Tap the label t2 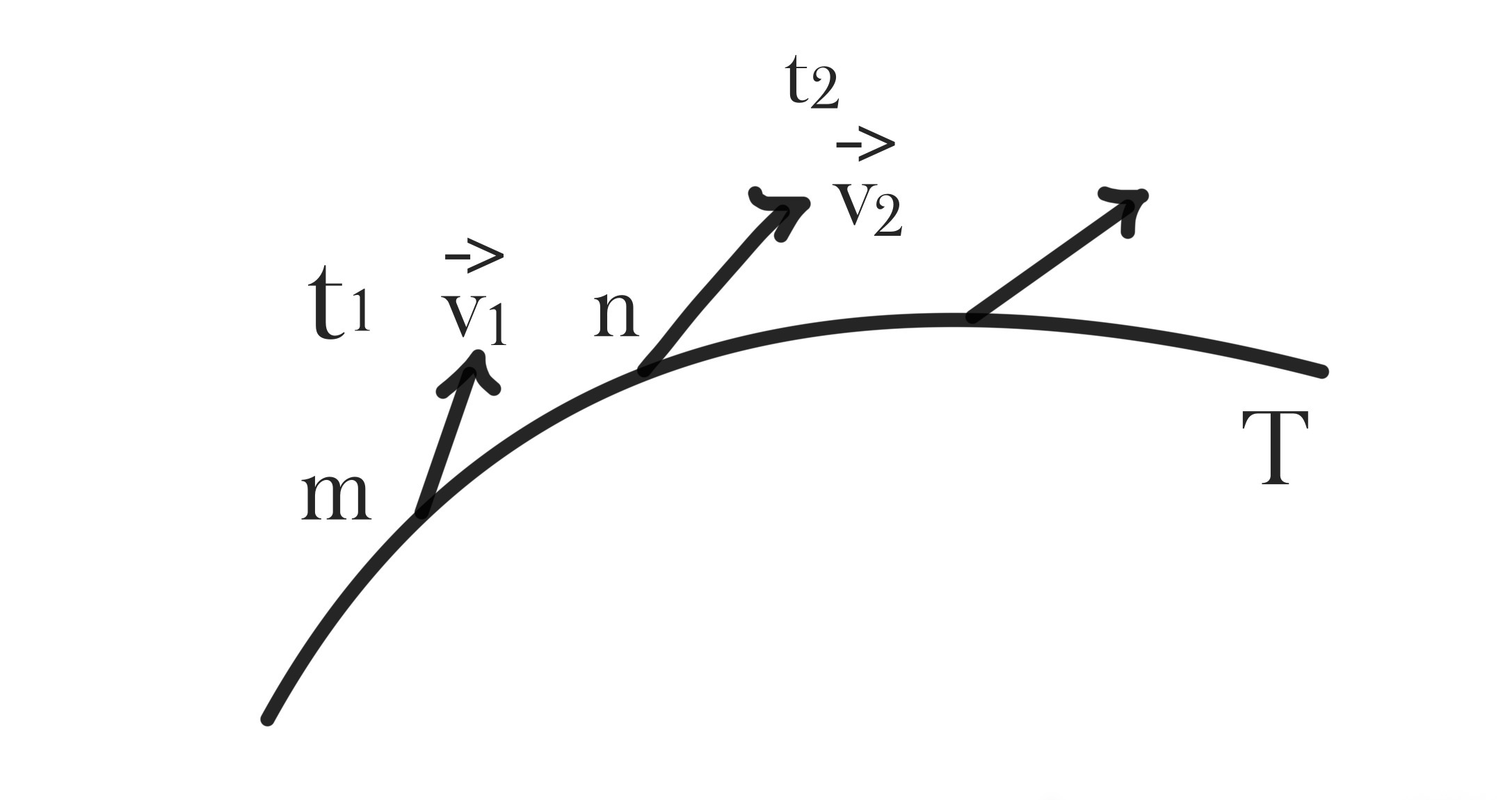point(812,81)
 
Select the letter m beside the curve point(335,495)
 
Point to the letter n point(616,314)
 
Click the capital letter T point(1275,447)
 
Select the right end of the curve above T point(1321,371)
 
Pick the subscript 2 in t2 point(825,90)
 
